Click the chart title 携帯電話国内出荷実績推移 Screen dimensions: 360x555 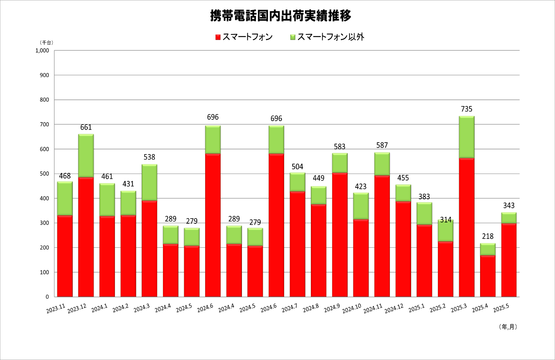pos(280,16)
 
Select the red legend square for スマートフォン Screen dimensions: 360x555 pos(218,37)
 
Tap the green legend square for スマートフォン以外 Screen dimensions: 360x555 pos(293,37)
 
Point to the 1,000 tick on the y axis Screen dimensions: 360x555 pos(42,51)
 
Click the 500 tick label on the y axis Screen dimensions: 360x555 pos(44,174)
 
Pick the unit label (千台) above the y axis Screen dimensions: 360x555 pos(47,43)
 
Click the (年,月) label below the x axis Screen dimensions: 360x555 pos(508,327)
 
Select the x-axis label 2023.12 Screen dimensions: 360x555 pos(77,309)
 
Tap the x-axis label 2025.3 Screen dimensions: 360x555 pos(459,308)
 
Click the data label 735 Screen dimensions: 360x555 pos(467,109)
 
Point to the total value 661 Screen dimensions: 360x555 pos(86,127)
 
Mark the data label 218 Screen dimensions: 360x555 pos(488,236)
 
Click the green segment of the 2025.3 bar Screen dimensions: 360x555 pos(467,137)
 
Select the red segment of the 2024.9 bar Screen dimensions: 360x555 pos(340,235)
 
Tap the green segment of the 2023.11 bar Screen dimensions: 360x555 pos(65,199)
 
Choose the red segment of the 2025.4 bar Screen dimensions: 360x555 pos(488,276)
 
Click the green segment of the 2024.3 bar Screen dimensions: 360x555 pos(149,182)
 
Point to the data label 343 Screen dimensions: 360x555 pos(509,206)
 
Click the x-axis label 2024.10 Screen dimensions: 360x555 pos(352,309)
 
